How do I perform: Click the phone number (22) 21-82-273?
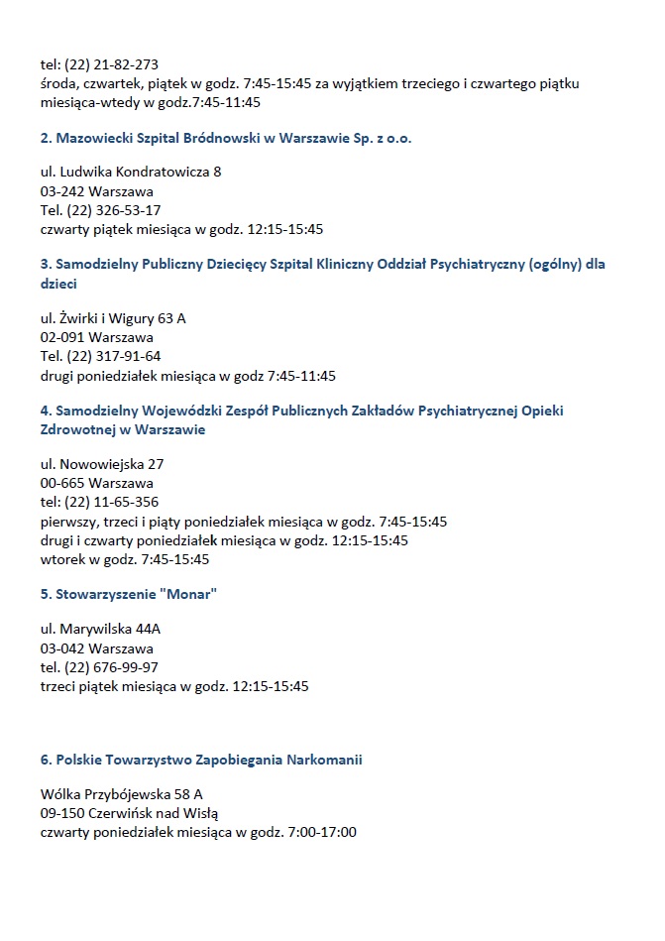(x=111, y=65)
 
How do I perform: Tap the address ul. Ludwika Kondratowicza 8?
(x=131, y=173)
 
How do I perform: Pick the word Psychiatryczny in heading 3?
(x=476, y=265)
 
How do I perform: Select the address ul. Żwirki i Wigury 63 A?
(x=113, y=318)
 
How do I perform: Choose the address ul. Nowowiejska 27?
(x=102, y=464)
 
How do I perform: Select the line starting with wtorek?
(x=125, y=559)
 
